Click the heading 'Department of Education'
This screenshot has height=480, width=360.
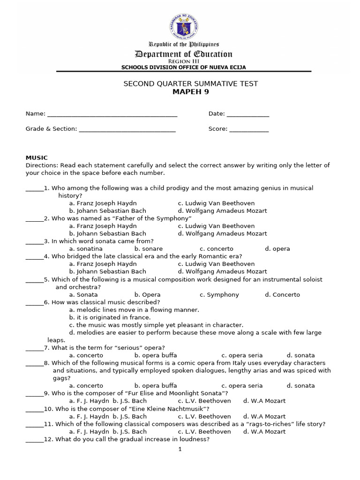(184, 54)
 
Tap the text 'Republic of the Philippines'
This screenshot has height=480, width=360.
(184, 44)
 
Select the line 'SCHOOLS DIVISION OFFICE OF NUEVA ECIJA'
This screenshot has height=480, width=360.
(184, 67)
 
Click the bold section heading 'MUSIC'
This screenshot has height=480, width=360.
(37, 158)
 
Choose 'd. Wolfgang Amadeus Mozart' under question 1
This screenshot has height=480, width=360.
(222, 211)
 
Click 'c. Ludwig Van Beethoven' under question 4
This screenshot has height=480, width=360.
(216, 264)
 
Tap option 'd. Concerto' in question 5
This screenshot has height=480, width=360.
(282, 295)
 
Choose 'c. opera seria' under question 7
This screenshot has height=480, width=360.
(242, 355)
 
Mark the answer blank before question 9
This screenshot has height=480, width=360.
(34, 393)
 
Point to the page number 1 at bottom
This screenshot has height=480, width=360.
(180, 449)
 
